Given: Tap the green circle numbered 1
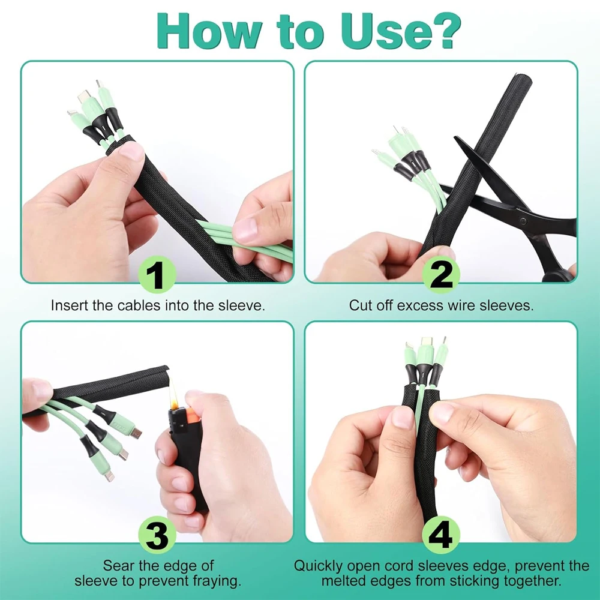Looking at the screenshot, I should (x=157, y=277).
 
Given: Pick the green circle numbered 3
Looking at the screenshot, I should (x=157, y=536).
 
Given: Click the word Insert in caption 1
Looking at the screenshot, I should (x=69, y=305).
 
